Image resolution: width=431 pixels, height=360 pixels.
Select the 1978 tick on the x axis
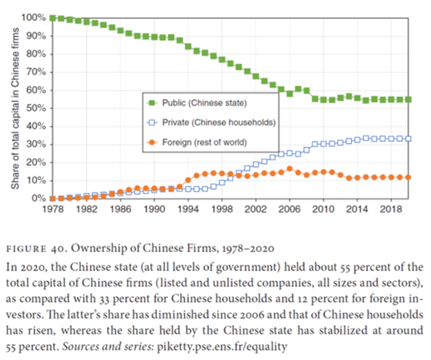click(x=52, y=208)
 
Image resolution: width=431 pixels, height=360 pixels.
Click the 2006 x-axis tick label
click(x=289, y=208)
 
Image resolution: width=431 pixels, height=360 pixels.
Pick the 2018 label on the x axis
click(x=391, y=208)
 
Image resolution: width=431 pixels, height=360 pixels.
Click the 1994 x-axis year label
click(x=188, y=208)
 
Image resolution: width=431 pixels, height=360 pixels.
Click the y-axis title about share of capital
click(x=14, y=108)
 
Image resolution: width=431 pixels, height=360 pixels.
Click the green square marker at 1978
click(x=52, y=18)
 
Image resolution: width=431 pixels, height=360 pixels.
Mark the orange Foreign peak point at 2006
click(x=289, y=168)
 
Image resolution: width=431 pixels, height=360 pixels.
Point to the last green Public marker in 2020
click(x=408, y=99)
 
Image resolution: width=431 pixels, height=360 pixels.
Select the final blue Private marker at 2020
click(x=408, y=139)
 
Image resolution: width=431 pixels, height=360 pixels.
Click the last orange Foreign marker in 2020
click(x=408, y=177)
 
